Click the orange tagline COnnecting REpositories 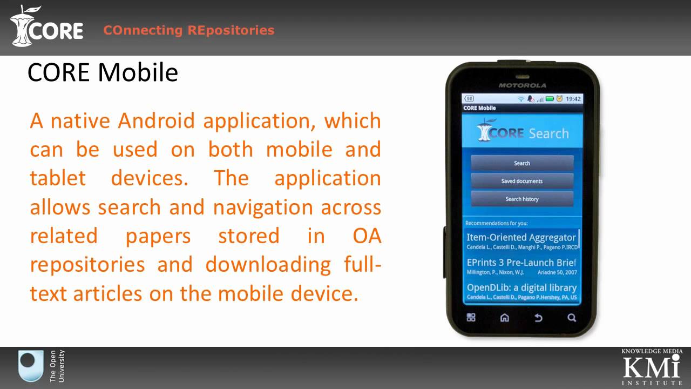coord(188,30)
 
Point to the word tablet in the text coord(58,178)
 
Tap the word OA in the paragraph coord(367,236)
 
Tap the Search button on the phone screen coord(521,163)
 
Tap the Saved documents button coord(521,181)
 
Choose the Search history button coord(521,199)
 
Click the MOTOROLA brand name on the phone coord(522,85)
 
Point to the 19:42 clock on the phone coord(573,99)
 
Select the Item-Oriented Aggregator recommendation coord(521,241)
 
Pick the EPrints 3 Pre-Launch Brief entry coord(521,266)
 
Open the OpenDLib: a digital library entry coord(521,291)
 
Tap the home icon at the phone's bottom coord(505,318)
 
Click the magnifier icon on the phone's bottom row coord(572,318)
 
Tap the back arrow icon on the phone coord(538,318)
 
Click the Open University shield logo coord(31,366)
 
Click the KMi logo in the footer coord(651,367)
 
